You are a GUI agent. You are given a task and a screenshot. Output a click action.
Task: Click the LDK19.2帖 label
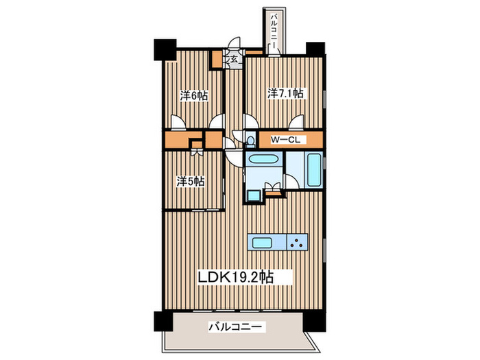236,277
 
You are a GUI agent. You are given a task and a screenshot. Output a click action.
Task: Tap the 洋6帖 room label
194,95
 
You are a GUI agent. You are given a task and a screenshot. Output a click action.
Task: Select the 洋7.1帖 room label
285,93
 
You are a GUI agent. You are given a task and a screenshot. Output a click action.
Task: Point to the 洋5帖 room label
190,182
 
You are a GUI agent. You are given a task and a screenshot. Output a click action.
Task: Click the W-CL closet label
285,140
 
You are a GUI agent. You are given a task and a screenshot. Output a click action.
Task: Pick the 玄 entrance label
235,59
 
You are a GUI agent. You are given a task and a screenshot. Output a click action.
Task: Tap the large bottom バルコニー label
235,327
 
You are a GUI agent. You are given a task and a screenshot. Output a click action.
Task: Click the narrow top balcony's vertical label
274,29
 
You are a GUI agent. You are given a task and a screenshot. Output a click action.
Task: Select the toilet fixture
250,141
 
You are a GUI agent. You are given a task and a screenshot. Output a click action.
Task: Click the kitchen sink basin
262,243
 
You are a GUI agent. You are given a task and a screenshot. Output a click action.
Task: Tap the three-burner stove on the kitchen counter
297,243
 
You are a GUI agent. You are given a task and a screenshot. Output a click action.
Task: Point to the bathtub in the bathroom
314,170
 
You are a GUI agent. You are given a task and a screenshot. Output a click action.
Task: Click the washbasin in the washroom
263,160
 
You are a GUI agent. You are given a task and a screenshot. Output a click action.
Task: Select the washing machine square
254,196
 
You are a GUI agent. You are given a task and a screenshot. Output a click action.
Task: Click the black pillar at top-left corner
165,49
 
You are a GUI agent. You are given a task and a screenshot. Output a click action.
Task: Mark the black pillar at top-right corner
315,49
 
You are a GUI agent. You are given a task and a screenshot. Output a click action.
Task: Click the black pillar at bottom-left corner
163,321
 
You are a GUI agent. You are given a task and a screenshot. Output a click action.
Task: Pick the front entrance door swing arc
236,43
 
